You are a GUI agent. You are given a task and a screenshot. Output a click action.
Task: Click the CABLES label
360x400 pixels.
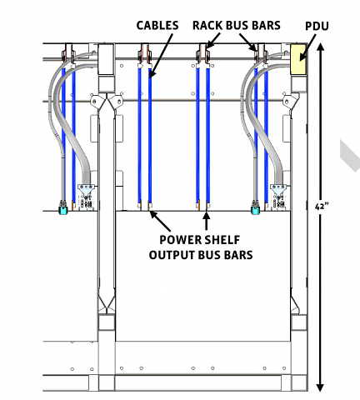point(157,26)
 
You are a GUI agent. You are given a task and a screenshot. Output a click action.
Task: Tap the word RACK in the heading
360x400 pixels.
point(207,26)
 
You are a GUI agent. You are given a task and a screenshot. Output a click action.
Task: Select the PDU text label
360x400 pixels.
point(317,27)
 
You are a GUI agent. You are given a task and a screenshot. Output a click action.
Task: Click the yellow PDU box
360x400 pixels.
point(298,59)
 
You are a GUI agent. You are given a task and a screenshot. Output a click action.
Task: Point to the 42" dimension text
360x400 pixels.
point(322,207)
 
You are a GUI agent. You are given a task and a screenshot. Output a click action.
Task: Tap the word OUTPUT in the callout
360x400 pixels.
point(172,255)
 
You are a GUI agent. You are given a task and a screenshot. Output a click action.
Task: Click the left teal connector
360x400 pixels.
point(63,211)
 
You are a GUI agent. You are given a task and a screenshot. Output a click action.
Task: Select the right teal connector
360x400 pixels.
point(256,211)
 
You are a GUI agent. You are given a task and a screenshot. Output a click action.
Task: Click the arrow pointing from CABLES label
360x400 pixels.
point(161,56)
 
